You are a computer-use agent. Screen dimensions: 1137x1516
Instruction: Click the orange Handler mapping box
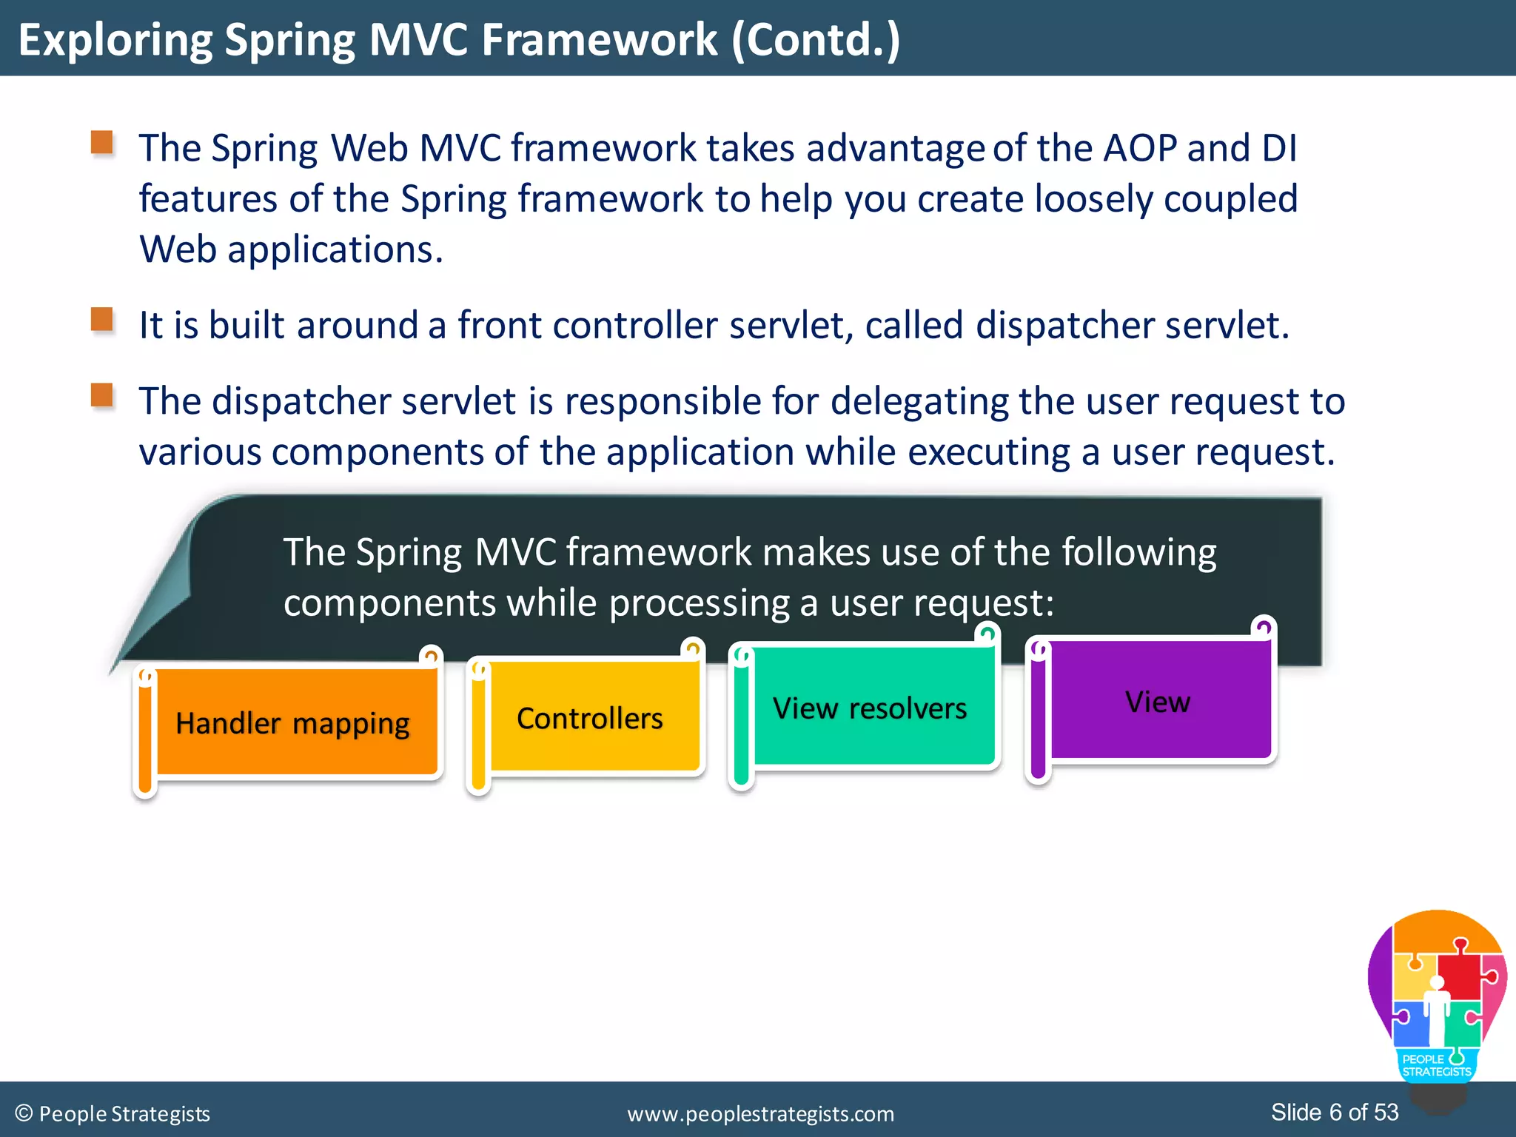click(293, 723)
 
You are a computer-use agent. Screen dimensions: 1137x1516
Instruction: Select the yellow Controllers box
click(590, 718)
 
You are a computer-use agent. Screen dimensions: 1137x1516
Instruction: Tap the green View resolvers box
click(870, 708)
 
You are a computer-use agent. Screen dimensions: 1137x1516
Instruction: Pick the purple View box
click(1158, 701)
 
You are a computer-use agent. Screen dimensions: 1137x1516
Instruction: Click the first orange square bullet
click(102, 142)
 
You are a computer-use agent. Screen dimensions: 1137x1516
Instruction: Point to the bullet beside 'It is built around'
click(102, 320)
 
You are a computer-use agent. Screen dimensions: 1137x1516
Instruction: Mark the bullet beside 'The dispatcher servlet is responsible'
click(102, 395)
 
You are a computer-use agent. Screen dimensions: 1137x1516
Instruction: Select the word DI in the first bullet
click(1279, 148)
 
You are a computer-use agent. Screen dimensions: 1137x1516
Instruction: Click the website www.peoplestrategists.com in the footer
click(760, 1113)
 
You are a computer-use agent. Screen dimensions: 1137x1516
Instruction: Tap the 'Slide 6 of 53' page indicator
click(1335, 1112)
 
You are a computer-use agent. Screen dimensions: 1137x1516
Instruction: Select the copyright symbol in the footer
click(24, 1113)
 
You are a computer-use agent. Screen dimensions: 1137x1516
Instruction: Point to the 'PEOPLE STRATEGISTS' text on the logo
click(1436, 1065)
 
